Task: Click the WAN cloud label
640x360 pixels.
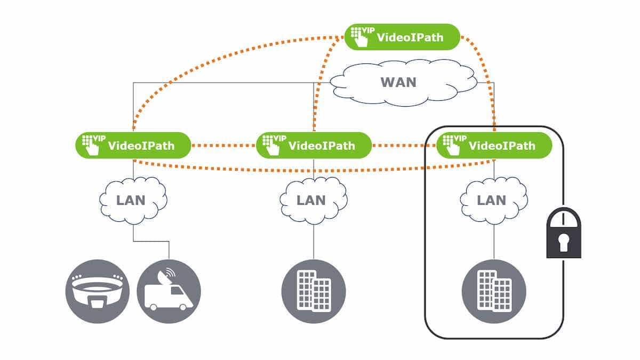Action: click(398, 83)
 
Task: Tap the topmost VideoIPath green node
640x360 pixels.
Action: click(402, 37)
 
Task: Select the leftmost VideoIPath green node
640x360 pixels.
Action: click(133, 145)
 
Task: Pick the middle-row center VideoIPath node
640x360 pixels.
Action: click(313, 145)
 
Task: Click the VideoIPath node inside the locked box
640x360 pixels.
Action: click(493, 145)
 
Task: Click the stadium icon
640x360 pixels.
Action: click(97, 291)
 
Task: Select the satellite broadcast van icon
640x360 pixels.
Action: click(169, 291)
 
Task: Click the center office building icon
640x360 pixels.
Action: click(314, 291)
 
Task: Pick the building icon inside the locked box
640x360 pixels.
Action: click(493, 291)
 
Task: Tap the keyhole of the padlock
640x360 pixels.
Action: click(563, 243)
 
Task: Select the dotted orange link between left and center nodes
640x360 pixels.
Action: click(223, 145)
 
